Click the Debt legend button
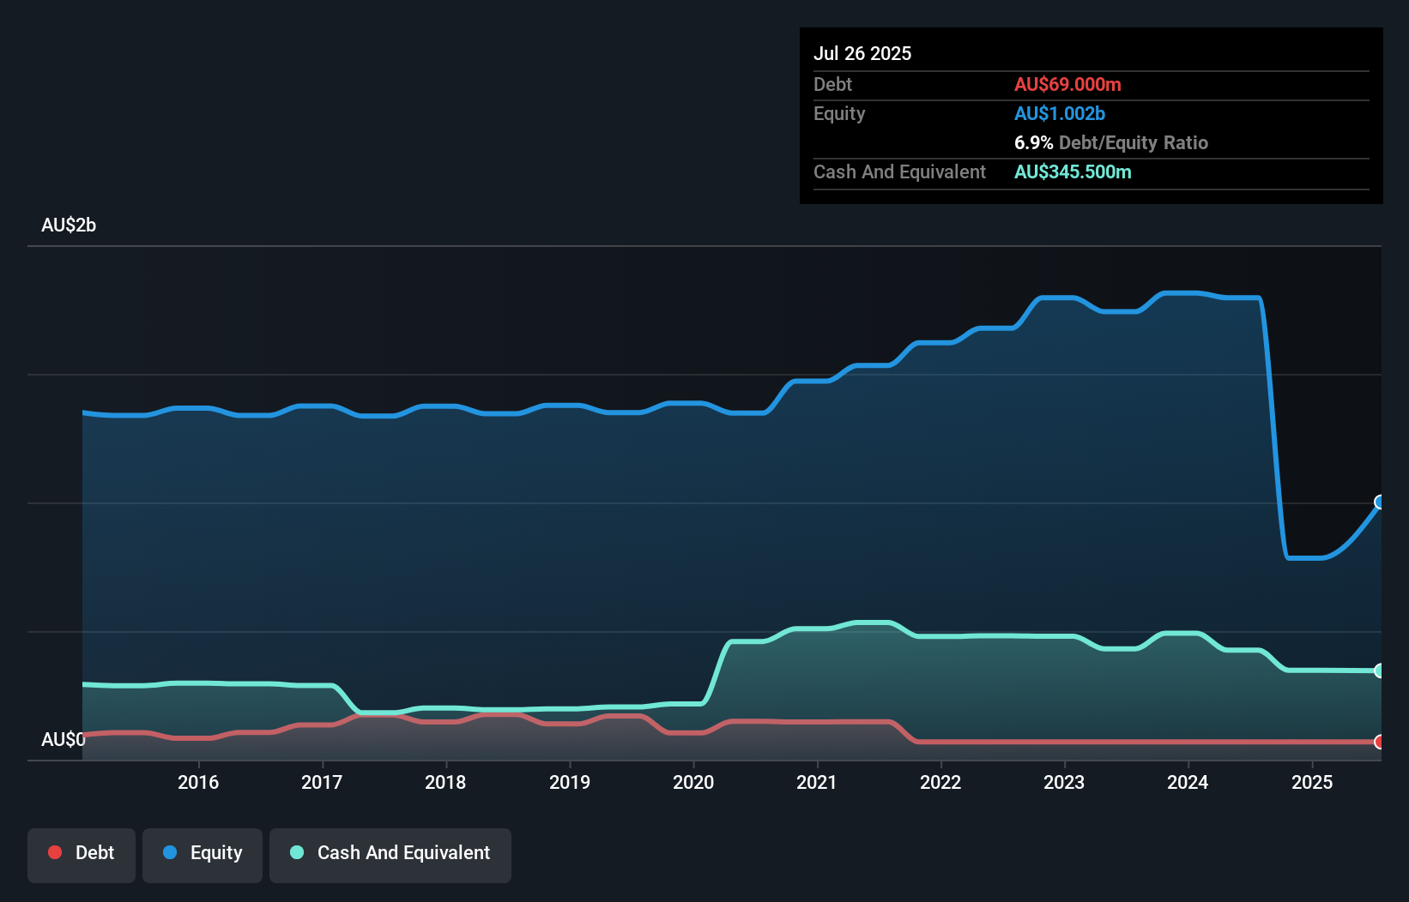[82, 853]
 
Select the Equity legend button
[203, 853]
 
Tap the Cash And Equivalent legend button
[390, 853]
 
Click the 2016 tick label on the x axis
[198, 782]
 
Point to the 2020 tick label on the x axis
[693, 782]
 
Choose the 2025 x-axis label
[1312, 782]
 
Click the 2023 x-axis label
[1064, 782]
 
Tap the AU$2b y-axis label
[69, 225]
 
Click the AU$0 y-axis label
[63, 739]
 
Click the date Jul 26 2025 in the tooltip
[862, 53]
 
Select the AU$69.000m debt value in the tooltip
[1067, 84]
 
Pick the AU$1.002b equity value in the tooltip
[1060, 113]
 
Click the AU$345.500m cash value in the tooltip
[1073, 171]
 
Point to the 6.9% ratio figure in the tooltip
[1033, 142]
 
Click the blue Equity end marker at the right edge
[1379, 502]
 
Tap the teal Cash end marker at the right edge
[1379, 670]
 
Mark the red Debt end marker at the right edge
[1379, 742]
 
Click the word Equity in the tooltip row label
[839, 113]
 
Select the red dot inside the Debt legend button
[55, 852]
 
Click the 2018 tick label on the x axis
[445, 782]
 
